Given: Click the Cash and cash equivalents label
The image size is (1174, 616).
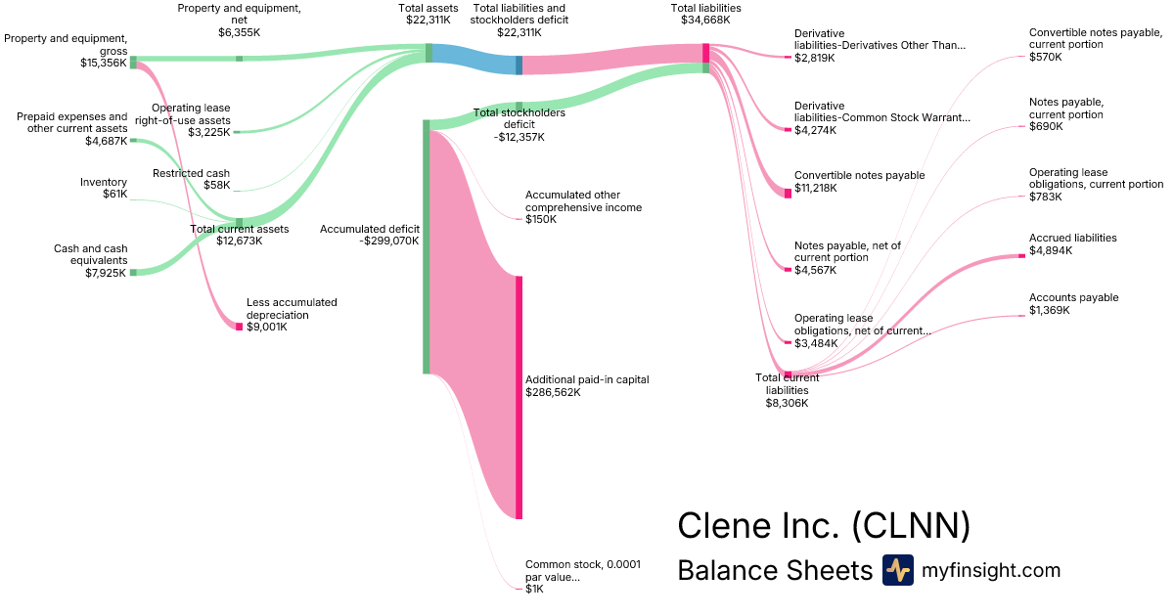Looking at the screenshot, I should [x=90, y=254].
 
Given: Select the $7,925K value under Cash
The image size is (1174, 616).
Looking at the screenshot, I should [x=106, y=273].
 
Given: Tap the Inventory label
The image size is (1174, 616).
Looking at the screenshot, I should [x=104, y=182].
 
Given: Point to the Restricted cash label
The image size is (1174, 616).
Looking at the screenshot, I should [x=191, y=173].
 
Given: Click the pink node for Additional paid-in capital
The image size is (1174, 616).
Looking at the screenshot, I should [x=519, y=397].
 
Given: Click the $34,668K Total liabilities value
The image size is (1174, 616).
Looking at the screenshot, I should [x=705, y=21].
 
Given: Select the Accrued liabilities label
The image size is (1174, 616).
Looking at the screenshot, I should [x=1072, y=238].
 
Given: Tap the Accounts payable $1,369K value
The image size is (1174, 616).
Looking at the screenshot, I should [x=1050, y=310].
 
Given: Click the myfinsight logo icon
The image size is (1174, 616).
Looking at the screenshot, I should [x=897, y=570].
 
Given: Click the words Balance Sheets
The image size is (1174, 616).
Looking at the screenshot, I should [x=774, y=570].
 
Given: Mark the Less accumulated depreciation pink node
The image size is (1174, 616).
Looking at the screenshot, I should [x=239, y=326].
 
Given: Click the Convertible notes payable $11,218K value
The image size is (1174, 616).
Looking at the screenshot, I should [x=816, y=188].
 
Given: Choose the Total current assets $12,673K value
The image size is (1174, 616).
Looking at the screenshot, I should [x=239, y=241].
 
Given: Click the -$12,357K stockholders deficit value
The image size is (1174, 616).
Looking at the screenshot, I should [x=519, y=137].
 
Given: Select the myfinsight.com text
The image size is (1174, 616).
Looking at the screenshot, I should [x=991, y=570].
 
